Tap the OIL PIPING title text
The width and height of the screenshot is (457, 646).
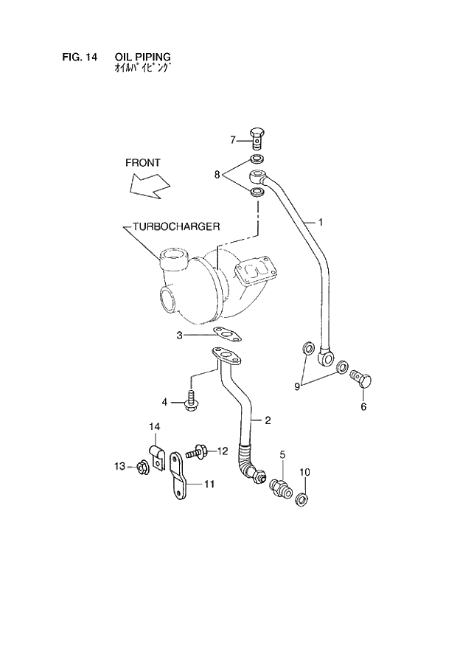click(143, 57)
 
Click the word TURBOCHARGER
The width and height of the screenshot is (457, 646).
click(176, 226)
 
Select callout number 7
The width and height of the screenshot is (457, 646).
click(232, 139)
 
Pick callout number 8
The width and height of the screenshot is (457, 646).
click(217, 175)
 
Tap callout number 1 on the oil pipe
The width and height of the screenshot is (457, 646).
click(321, 221)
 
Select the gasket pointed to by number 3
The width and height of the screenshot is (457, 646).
click(228, 336)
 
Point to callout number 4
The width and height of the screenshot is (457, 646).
click(165, 402)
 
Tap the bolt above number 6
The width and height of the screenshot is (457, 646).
click(363, 381)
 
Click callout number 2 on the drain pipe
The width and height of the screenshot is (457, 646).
click(268, 420)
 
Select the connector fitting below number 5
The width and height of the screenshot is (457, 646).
click(282, 487)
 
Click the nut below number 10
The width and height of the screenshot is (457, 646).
click(302, 501)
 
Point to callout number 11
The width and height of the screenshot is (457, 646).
click(209, 484)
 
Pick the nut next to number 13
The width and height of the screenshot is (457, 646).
click(142, 466)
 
